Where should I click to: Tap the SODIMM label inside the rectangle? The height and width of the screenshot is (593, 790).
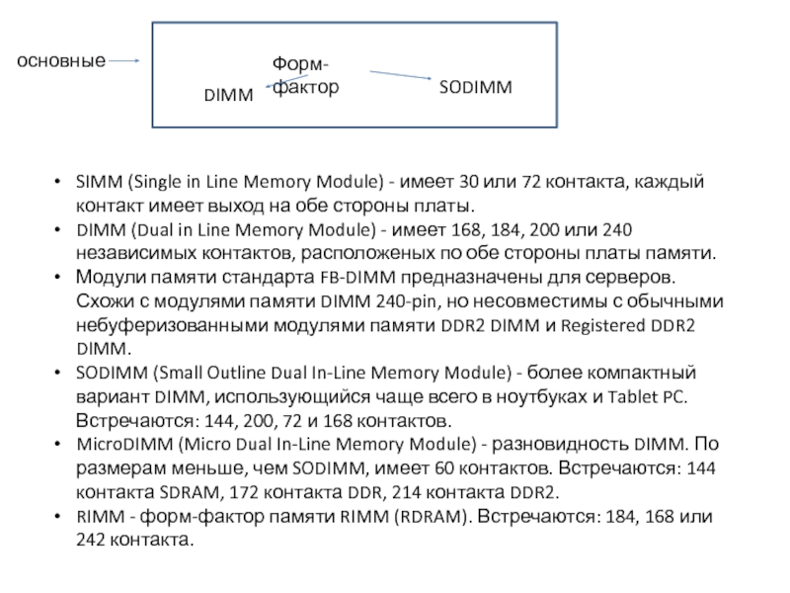475,88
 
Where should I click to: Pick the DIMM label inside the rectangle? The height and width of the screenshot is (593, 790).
228,95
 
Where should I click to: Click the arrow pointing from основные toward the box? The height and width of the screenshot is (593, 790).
124,60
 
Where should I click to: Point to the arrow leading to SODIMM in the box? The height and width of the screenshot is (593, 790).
401,75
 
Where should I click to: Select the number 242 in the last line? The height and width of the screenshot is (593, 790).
92,541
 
